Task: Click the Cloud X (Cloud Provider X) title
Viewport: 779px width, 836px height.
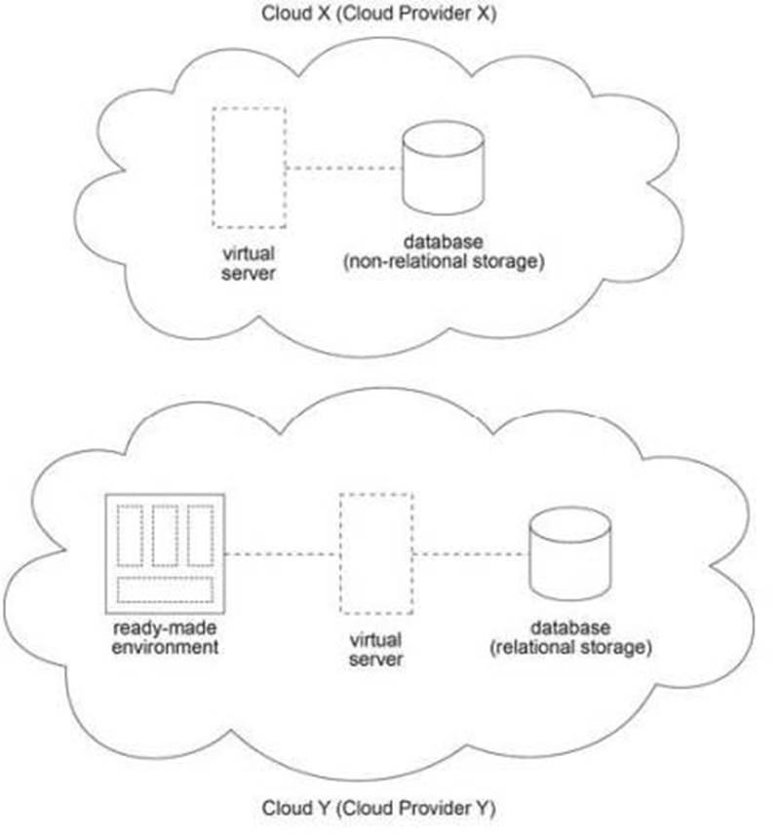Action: pyautogui.click(x=379, y=15)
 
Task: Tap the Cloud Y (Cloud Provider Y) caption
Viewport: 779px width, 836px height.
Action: pyautogui.click(x=379, y=808)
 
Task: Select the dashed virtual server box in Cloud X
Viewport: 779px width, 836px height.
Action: pyautogui.click(x=249, y=168)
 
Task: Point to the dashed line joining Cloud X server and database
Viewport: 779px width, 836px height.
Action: pyautogui.click(x=344, y=169)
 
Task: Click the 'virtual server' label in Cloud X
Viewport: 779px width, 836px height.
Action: pyautogui.click(x=249, y=263)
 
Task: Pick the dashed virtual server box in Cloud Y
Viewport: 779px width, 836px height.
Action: pyautogui.click(x=375, y=552)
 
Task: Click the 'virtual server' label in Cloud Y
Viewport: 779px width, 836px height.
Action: pyautogui.click(x=375, y=650)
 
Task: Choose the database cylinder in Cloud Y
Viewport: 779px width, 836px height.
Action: pyautogui.click(x=570, y=555)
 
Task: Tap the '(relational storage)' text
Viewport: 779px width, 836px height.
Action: pyautogui.click(x=570, y=646)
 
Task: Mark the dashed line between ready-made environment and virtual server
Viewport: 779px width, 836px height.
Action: pyautogui.click(x=282, y=553)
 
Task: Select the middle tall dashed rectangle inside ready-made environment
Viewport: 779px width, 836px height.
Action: pyautogui.click(x=165, y=535)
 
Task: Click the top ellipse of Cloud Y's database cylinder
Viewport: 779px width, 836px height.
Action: pyautogui.click(x=570, y=526)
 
